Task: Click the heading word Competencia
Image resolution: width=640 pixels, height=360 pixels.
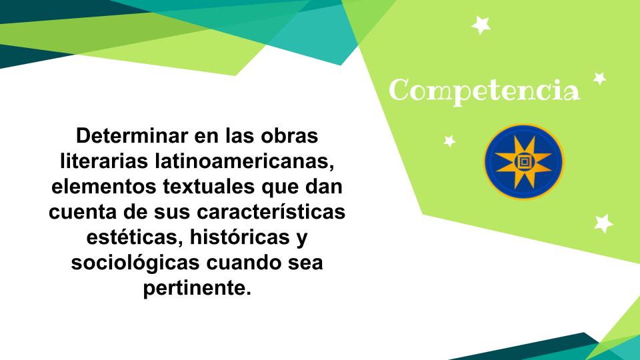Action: point(484,91)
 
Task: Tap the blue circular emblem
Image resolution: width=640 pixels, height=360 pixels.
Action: point(524,161)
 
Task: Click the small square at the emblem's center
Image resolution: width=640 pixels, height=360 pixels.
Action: point(524,162)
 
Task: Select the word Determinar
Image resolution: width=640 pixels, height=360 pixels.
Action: point(132,135)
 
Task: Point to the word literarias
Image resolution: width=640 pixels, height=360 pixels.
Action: point(104,161)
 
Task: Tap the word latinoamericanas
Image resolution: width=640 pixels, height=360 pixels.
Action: point(245,161)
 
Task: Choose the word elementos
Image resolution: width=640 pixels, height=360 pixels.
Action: point(104,187)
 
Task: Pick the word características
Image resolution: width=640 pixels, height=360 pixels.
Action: point(271,212)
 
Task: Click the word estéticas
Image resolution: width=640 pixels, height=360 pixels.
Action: point(134,238)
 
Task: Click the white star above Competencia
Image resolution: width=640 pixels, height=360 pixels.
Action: point(481,25)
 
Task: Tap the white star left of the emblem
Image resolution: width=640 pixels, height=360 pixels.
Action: point(449,141)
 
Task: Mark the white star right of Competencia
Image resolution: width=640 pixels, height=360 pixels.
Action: point(599,79)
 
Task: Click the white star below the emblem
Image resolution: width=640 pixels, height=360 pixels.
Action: point(603,224)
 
